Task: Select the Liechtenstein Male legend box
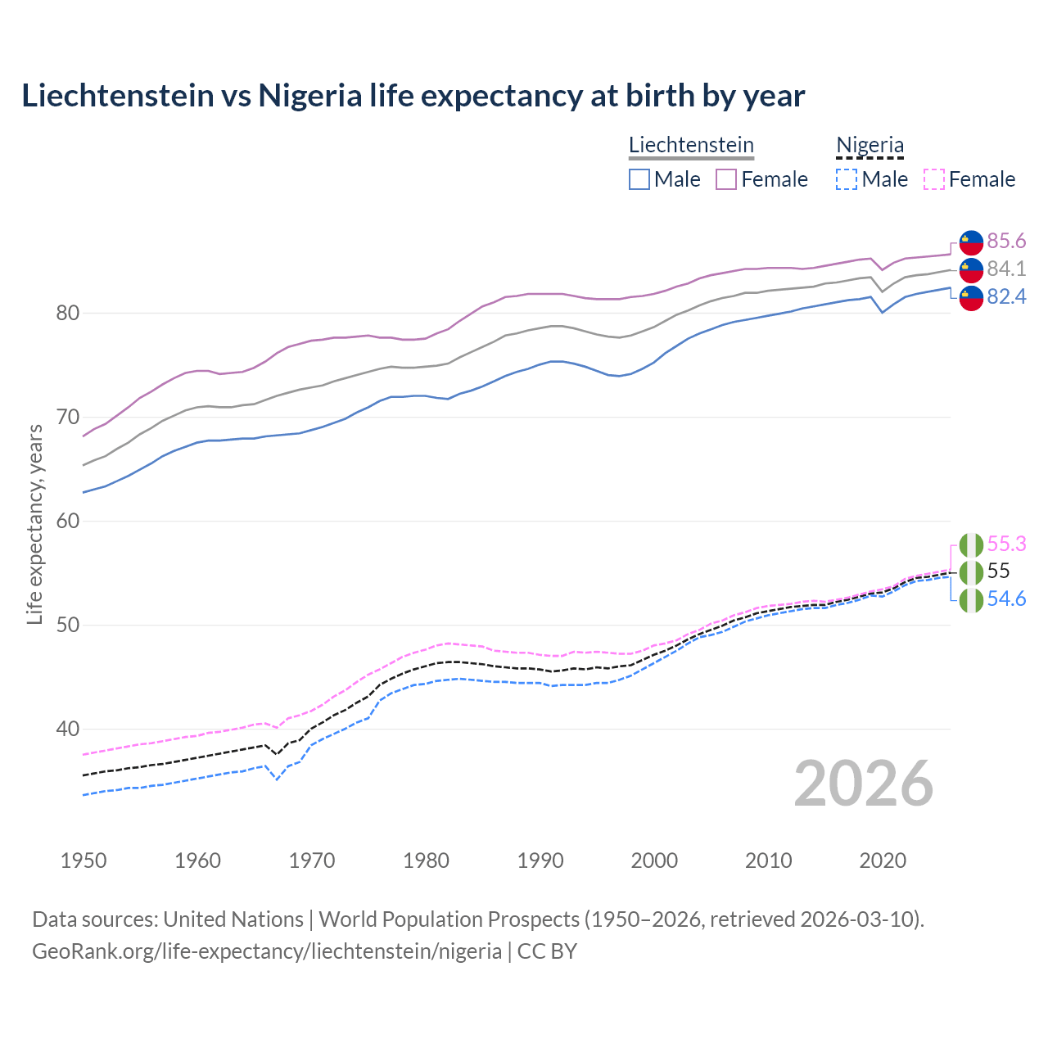click(x=639, y=179)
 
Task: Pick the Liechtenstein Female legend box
click(x=726, y=179)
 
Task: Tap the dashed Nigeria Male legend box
click(x=847, y=179)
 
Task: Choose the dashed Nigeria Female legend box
click(x=934, y=179)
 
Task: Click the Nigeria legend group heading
click(x=870, y=145)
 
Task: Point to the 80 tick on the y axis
click(x=68, y=313)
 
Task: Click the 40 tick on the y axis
click(x=68, y=729)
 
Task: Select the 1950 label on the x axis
click(x=84, y=861)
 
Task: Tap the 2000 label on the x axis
click(x=654, y=861)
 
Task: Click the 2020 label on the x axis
click(x=883, y=861)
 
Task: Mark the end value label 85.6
click(x=1006, y=241)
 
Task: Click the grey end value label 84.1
click(x=1006, y=269)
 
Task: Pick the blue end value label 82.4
click(x=1006, y=296)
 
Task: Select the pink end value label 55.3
click(x=1006, y=544)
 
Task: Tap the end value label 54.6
click(x=1006, y=599)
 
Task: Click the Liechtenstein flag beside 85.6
click(x=971, y=242)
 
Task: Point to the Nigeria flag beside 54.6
click(x=971, y=600)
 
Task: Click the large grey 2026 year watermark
click(x=863, y=784)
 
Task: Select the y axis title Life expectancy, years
click(x=35, y=524)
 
